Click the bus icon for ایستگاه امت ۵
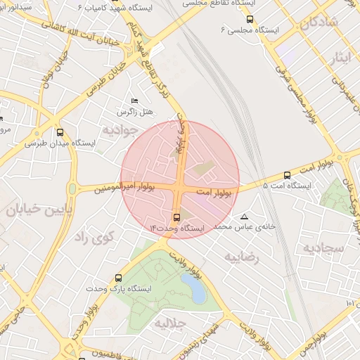[286, 176]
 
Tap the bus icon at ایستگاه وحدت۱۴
[176, 217]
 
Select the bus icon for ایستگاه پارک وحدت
[118, 278]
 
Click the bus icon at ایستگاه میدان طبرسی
[60, 131]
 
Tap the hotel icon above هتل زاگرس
[134, 101]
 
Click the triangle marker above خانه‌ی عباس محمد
[244, 216]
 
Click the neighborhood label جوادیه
[117, 130]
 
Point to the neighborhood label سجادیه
[323, 248]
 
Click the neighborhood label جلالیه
[169, 324]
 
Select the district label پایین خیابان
[36, 209]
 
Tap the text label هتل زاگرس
[136, 112]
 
